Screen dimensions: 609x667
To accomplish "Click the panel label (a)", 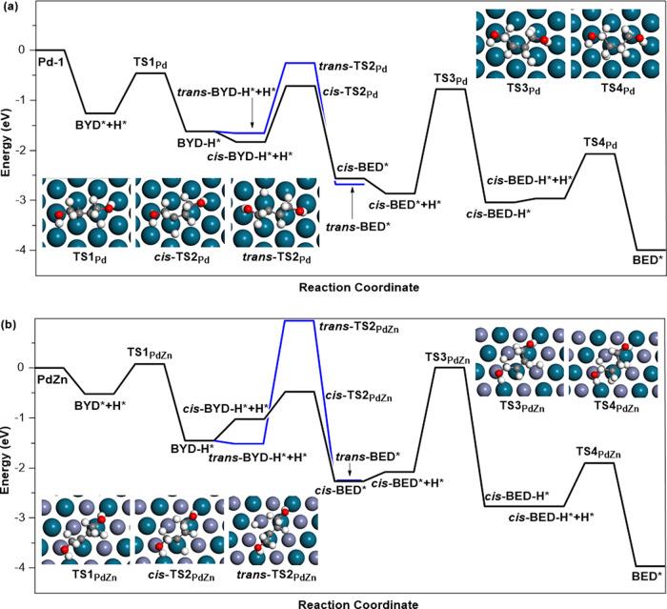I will pos(11,9).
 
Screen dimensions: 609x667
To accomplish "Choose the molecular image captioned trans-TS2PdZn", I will pos(273,530).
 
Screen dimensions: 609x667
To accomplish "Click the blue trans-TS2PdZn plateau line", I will pos(300,320).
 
